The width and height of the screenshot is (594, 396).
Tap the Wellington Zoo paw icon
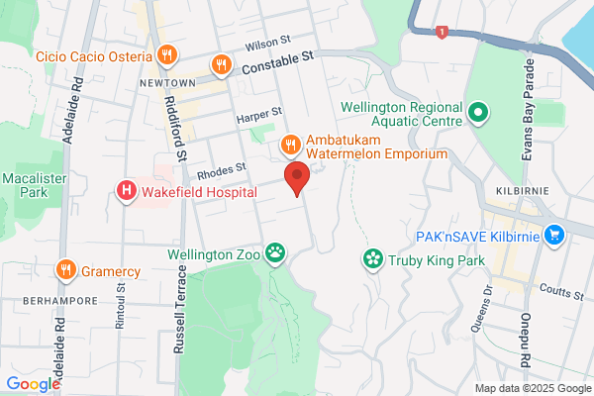pos(274,254)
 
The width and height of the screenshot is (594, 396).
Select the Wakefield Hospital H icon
pos(127,189)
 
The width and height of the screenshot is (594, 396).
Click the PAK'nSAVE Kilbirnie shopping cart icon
pos(553,235)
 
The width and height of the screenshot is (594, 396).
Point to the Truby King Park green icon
pos(373,259)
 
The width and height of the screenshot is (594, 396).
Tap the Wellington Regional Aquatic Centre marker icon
pos(478,114)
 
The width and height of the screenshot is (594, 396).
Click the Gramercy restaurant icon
pos(65,269)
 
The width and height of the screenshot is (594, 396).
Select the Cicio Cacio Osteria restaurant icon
pos(168,54)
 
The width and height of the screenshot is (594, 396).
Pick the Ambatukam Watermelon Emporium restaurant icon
pos(290,145)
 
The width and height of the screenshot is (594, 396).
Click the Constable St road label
pos(278,62)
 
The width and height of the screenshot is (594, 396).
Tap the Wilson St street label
pos(267,44)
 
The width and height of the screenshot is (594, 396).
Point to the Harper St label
pos(259,117)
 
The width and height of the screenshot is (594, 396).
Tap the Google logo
pos(33,383)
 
